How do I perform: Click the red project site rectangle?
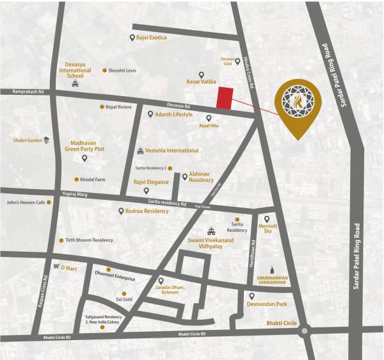point(223,98)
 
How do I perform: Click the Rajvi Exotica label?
point(151,38)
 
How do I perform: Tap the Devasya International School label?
point(76,70)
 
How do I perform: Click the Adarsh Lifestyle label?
point(173,114)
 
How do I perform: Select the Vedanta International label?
point(172,151)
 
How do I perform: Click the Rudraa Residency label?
point(147,211)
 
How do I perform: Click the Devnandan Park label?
point(275,304)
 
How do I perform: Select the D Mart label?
point(68,268)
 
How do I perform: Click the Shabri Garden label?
point(27,140)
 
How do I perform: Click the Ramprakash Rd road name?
point(27,92)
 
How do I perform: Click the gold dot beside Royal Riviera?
point(102,107)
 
